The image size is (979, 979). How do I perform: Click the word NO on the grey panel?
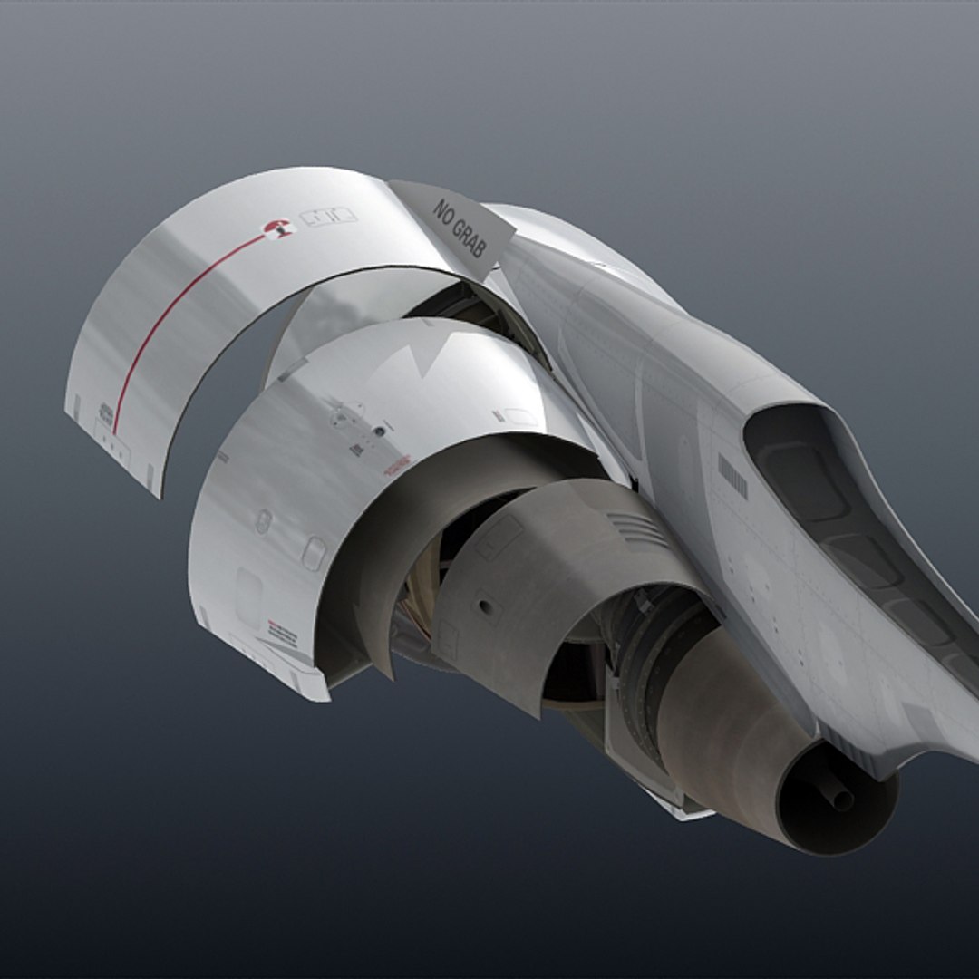point(443,212)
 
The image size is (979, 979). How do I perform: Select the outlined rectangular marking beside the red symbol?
point(328,217)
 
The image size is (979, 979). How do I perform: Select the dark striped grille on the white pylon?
point(732,476)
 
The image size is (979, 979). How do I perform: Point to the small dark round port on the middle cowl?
point(263,521)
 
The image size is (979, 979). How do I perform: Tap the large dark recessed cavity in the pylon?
point(816,480)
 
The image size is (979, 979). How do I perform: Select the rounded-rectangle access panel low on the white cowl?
point(314,553)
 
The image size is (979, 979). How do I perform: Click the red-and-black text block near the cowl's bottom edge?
point(281,630)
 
